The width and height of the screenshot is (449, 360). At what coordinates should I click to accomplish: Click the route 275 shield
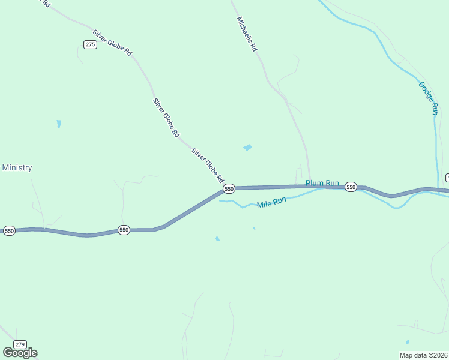[x=90, y=45]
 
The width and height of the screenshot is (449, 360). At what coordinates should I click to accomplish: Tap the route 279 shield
[x=20, y=344]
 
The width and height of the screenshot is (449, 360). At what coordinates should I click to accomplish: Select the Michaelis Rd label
[x=247, y=34]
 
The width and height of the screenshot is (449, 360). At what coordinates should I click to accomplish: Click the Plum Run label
[x=322, y=183]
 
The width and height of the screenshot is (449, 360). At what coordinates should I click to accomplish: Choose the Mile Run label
[x=271, y=203]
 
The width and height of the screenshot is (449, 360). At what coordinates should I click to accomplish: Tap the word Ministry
[x=17, y=168]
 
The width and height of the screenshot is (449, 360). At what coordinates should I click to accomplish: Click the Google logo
[x=20, y=353]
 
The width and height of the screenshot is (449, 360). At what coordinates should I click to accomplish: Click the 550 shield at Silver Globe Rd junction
[x=229, y=189]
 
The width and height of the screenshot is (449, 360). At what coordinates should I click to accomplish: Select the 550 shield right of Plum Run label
[x=351, y=187]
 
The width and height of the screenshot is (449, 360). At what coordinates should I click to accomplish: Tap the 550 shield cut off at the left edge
[x=9, y=230]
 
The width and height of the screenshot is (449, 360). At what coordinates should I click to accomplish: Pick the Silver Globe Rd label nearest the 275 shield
[x=112, y=43]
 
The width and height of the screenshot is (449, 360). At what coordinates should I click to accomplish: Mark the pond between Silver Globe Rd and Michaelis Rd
[x=247, y=147]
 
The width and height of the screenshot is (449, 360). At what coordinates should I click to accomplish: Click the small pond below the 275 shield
[x=59, y=124]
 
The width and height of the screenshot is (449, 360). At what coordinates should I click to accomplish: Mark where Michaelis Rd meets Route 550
[x=310, y=186]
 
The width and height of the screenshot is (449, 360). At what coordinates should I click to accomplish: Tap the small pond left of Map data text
[x=408, y=342]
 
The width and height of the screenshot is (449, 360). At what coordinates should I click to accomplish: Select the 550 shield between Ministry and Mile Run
[x=124, y=230]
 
